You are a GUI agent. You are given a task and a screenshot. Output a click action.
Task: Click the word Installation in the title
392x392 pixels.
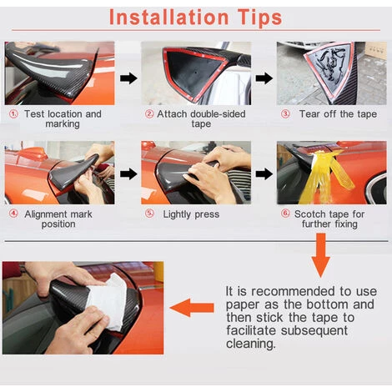pyautogui.click(x=169, y=18)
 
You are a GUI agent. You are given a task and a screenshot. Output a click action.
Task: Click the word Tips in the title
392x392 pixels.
pyautogui.click(x=260, y=18)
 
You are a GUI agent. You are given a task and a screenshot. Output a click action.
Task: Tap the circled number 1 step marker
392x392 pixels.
pyautogui.click(x=13, y=113)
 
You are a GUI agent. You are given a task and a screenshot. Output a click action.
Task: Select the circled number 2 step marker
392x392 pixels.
pyautogui.click(x=149, y=113)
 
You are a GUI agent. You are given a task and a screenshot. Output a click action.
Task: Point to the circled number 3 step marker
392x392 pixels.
pyautogui.click(x=285, y=113)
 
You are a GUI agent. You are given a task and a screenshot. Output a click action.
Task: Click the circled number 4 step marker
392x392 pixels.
pyautogui.click(x=13, y=214)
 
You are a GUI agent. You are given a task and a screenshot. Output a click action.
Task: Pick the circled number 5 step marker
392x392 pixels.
pyautogui.click(x=149, y=214)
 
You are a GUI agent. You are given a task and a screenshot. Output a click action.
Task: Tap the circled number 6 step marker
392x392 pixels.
pyautogui.click(x=285, y=214)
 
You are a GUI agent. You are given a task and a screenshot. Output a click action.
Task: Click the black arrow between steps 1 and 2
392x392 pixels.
pyautogui.click(x=128, y=78)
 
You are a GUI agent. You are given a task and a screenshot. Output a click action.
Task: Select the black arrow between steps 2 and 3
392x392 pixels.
pyautogui.click(x=264, y=78)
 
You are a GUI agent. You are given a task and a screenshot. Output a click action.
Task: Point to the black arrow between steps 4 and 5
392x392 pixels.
pyautogui.click(x=128, y=174)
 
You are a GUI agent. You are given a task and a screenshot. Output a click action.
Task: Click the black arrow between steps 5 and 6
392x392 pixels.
pyautogui.click(x=264, y=174)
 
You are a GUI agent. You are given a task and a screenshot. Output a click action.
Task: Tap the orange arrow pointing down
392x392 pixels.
pyautogui.click(x=321, y=255)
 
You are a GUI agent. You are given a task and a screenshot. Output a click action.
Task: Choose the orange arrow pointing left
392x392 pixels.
pyautogui.click(x=192, y=308)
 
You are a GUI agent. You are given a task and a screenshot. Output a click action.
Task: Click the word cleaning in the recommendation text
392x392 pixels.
pyautogui.click(x=251, y=344)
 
